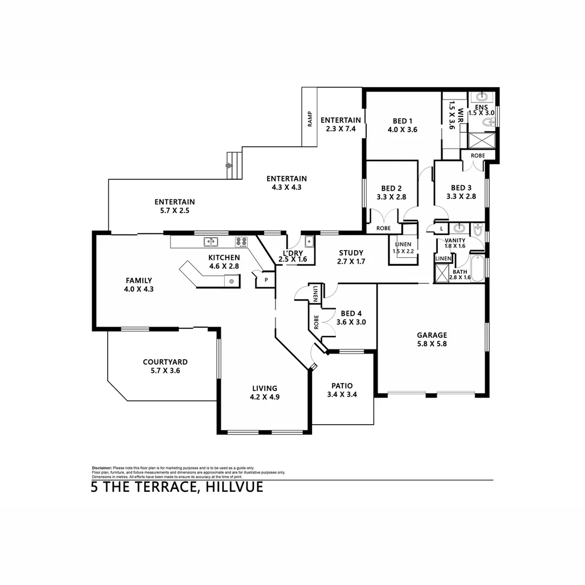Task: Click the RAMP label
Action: [310, 118]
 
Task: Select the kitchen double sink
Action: [211, 242]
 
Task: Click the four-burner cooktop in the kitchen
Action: [241, 242]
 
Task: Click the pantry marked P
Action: [266, 280]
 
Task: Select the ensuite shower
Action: [480, 140]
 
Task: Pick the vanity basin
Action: [458, 228]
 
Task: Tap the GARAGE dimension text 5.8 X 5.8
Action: [432, 343]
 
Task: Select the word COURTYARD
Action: [165, 362]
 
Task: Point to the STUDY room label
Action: [351, 253]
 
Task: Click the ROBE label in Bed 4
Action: [316, 322]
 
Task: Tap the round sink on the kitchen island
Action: [231, 281]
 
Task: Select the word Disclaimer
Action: [101, 467]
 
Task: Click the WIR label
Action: [461, 114]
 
